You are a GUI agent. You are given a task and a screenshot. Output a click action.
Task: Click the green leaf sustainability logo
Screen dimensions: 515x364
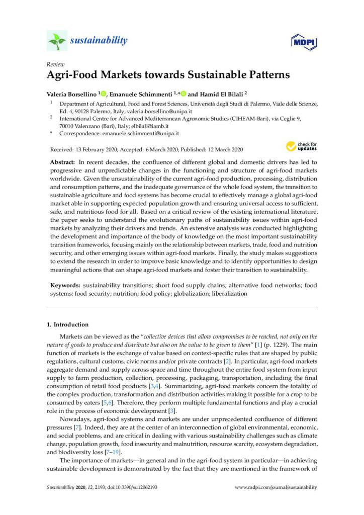(x=57, y=41)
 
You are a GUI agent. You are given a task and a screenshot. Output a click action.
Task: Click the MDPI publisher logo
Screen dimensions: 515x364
(x=301, y=42)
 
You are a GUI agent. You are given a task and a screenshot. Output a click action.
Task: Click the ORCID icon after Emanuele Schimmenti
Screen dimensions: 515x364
(x=184, y=94)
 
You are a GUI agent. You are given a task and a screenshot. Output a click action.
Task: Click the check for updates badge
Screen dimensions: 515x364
(x=300, y=146)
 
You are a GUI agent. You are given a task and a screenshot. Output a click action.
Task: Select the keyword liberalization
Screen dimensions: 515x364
(x=229, y=293)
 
